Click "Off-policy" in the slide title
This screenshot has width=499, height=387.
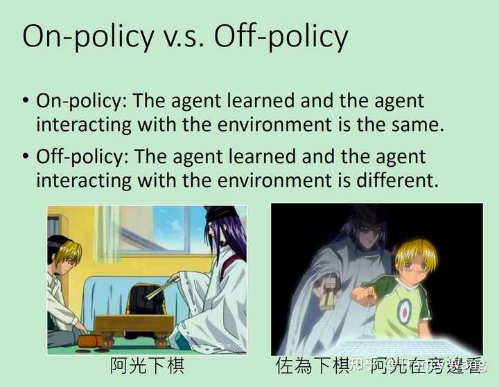[x=280, y=36]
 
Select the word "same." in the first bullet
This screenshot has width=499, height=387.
[x=414, y=125]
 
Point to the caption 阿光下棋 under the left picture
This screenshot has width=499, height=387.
[x=147, y=366]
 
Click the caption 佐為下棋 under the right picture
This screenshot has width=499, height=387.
[x=311, y=366]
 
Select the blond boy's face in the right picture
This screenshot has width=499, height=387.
[x=414, y=267]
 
